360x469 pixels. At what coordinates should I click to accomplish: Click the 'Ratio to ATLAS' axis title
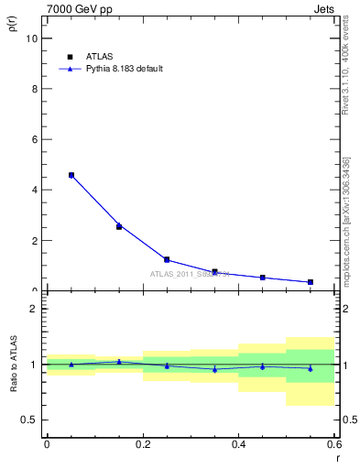coord(14,363)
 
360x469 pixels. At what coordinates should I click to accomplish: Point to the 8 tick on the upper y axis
coord(35,90)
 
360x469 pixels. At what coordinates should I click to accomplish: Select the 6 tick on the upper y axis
coord(35,140)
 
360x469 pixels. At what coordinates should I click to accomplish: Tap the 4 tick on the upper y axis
coord(35,191)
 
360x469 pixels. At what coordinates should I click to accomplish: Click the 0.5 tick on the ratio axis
coord(30,420)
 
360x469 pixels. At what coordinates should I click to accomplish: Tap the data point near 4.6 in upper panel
coord(71,175)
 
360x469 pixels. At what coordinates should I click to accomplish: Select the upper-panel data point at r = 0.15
coord(119,226)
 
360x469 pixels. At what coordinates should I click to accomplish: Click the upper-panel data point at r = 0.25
coord(167,259)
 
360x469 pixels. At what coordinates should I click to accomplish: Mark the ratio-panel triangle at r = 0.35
coord(214,369)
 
